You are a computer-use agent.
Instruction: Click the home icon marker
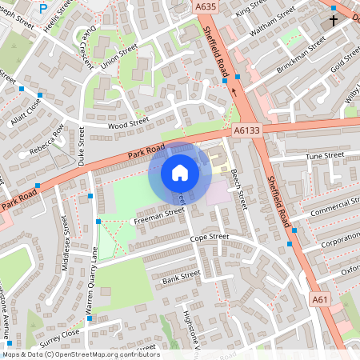click(x=180, y=172)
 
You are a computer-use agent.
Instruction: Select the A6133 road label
click(x=247, y=130)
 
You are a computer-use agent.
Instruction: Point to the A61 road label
click(x=320, y=299)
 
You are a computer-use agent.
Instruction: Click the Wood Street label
click(x=128, y=122)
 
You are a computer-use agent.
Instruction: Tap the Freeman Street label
click(x=158, y=214)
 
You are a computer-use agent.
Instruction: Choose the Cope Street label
click(x=209, y=238)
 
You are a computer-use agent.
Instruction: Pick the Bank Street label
click(x=180, y=278)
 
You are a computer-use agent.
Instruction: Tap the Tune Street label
click(x=324, y=155)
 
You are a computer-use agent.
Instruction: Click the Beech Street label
click(x=238, y=189)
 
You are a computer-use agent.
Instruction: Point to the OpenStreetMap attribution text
click(x=80, y=354)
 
